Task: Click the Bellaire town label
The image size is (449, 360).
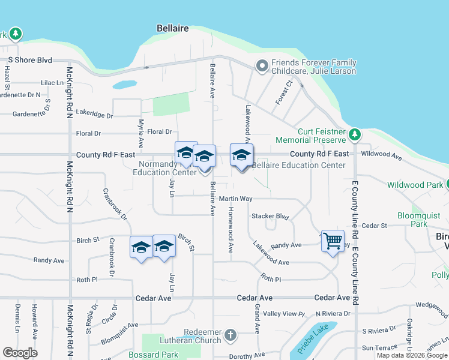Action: (x=172, y=28)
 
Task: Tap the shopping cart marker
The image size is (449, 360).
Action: (x=333, y=242)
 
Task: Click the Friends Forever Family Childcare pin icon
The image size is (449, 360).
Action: (x=262, y=66)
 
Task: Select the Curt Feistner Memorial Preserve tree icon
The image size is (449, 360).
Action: (x=355, y=133)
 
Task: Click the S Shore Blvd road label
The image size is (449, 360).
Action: (x=30, y=60)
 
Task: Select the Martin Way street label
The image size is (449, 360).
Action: (x=235, y=199)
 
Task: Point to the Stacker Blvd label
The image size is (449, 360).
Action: (x=270, y=216)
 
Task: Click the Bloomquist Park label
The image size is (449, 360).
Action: (x=412, y=220)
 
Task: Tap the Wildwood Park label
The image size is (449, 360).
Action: (x=415, y=185)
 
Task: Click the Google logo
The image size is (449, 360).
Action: (x=20, y=352)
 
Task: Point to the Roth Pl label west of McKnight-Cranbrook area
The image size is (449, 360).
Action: (x=87, y=280)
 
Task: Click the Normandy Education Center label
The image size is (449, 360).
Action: (x=167, y=168)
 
